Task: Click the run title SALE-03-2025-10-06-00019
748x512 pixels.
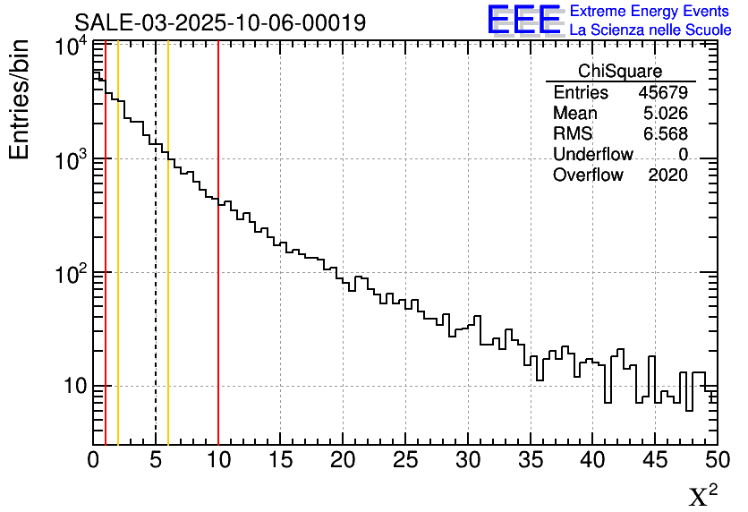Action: pos(220,22)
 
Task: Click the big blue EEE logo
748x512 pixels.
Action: pos(523,20)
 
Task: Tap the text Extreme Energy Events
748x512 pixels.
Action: pos(650,12)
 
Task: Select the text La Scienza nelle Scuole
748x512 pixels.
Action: pos(650,30)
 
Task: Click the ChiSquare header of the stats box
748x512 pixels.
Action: pos(620,72)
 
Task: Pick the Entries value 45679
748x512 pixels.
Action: pos(663,93)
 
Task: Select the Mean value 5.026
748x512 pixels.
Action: pos(666,114)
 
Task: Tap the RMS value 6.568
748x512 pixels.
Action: pos(666,134)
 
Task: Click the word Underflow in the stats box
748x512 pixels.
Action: pos(592,155)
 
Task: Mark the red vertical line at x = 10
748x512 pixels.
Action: pos(218,269)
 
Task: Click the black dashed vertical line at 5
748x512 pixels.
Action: pos(156,269)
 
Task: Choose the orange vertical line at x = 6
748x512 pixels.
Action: pos(168,269)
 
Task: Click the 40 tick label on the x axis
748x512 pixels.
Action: pos(592,459)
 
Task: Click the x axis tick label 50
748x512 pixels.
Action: pos(716,459)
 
